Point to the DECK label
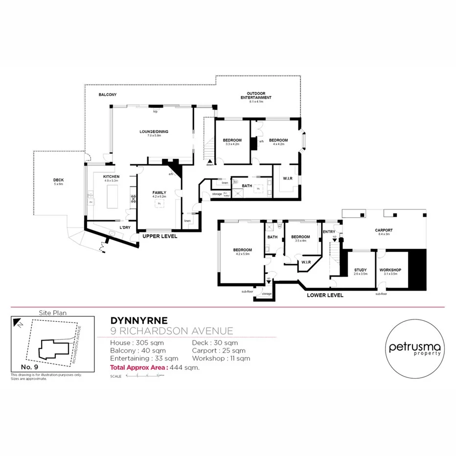[58, 180]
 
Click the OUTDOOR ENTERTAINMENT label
[259, 95]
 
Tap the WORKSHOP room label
[390, 270]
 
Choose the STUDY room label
[361, 270]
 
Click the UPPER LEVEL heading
[160, 236]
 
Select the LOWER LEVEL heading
[325, 295]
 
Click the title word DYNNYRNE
[139, 321]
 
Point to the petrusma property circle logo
[415, 347]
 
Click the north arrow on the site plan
[18, 323]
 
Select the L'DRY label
[126, 228]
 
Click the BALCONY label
[107, 94]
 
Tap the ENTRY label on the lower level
[329, 232]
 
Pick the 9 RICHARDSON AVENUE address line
[172, 332]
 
